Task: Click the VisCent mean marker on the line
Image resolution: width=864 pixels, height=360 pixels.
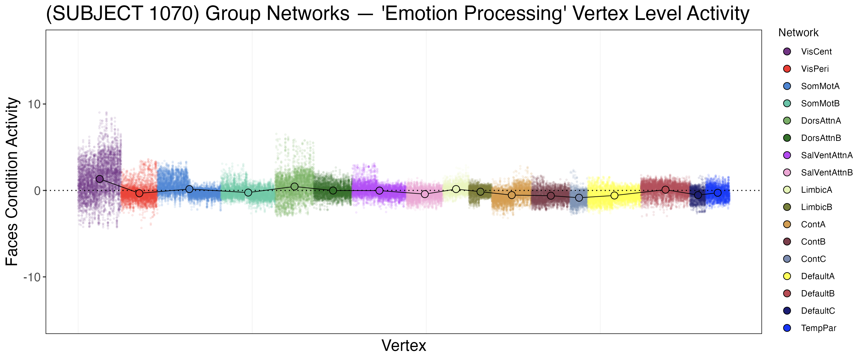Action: tap(100, 179)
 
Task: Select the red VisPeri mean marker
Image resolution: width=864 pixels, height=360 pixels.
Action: tap(139, 193)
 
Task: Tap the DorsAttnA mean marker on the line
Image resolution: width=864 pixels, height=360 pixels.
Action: tap(294, 186)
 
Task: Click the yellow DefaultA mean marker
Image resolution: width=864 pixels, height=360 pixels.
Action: tap(614, 195)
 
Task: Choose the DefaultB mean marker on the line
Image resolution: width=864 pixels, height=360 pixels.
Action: tap(666, 190)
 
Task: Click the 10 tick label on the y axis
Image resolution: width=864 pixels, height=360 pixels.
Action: tap(34, 104)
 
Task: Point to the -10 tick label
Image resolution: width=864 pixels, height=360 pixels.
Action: tap(32, 277)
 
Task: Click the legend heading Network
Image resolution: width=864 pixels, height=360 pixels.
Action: tap(798, 33)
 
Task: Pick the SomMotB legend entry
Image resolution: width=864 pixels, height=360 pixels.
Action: tap(820, 103)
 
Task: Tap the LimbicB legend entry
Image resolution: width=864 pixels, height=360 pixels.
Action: tap(816, 207)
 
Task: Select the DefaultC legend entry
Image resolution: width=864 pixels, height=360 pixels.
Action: tap(818, 311)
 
